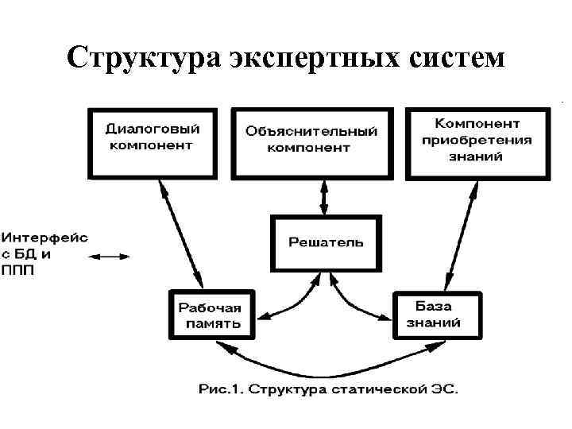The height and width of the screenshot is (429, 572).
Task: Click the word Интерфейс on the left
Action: click(44, 238)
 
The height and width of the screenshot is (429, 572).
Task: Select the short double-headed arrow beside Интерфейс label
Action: click(108, 256)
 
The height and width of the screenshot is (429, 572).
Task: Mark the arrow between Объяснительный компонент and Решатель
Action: click(323, 195)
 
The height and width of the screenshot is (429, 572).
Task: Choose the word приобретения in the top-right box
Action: click(477, 141)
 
